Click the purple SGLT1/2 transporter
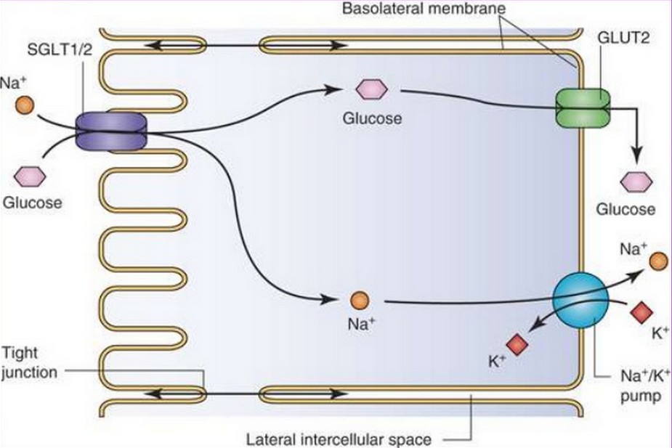coord(110,131)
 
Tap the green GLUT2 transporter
coord(583,108)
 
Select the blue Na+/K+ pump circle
coord(580,300)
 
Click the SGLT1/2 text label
coord(60,49)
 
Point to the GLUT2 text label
coord(623,38)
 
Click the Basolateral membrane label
coord(424,8)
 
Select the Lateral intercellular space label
coord(339,439)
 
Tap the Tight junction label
coord(29,362)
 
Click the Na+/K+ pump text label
coord(644,386)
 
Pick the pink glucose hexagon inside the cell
coord(371,90)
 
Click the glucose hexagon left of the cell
coord(30,176)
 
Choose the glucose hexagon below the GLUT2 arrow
coord(636,182)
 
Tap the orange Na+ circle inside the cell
coord(359,300)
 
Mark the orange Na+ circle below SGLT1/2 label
coord(25,105)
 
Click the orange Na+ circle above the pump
coord(658,261)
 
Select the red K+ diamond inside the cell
coord(517,344)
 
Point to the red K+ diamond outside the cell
coord(641,312)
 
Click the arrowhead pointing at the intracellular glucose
coord(334,89)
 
